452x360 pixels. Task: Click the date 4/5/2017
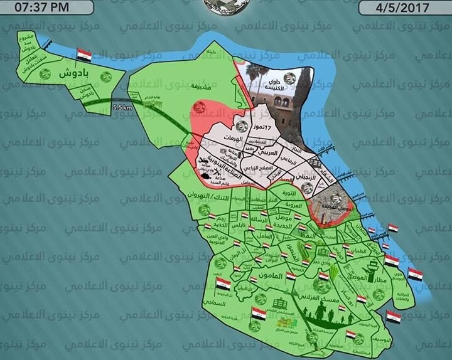click(x=405, y=8)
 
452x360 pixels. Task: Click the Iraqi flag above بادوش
click(x=84, y=55)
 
